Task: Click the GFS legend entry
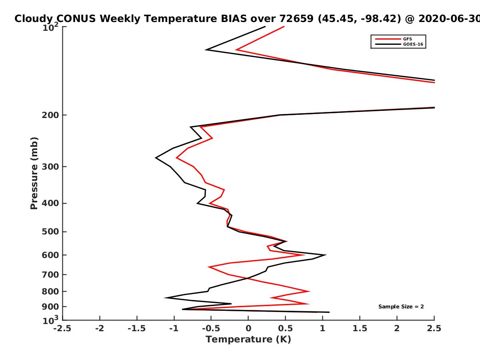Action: coord(394,39)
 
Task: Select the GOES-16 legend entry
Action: coord(399,44)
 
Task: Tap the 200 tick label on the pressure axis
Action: coord(50,115)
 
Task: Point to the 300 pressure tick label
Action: coord(50,166)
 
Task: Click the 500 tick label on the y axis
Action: coord(50,232)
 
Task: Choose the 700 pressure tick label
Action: coord(50,274)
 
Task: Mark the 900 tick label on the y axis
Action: coord(50,307)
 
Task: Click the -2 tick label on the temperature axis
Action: coord(100,328)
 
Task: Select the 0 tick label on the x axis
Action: coord(248,328)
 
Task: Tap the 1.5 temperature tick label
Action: coord(360,328)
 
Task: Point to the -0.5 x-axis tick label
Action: coord(211,328)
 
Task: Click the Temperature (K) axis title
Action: coord(248,340)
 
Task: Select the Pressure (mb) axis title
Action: coord(34,173)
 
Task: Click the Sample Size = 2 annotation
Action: coord(401,307)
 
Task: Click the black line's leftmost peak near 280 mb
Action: coord(156,158)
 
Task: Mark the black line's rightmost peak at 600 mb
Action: coord(326,255)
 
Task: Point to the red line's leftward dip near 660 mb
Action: coord(208,267)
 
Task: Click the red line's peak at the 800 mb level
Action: coord(310,291)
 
